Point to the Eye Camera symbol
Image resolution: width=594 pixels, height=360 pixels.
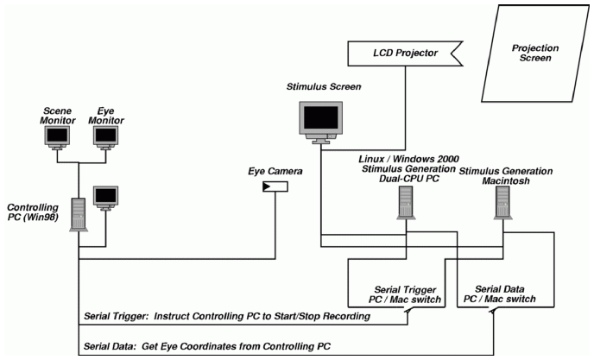coord(275,186)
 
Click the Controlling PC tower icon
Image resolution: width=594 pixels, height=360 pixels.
coord(77,212)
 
